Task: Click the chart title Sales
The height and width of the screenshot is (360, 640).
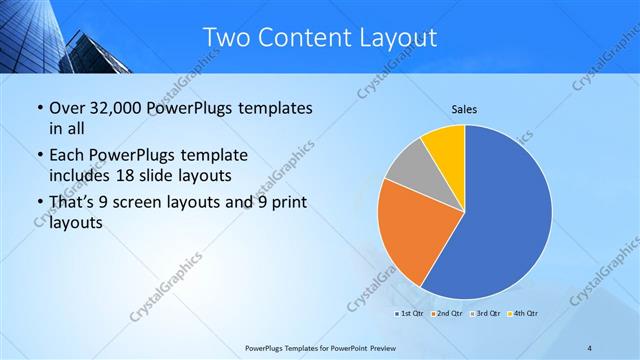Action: point(464,108)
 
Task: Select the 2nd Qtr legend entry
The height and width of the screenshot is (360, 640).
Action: point(447,314)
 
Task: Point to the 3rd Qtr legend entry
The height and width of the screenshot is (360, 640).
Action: point(485,314)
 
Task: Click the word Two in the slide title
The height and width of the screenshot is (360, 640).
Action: point(225,37)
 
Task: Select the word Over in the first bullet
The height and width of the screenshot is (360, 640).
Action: point(68,107)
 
